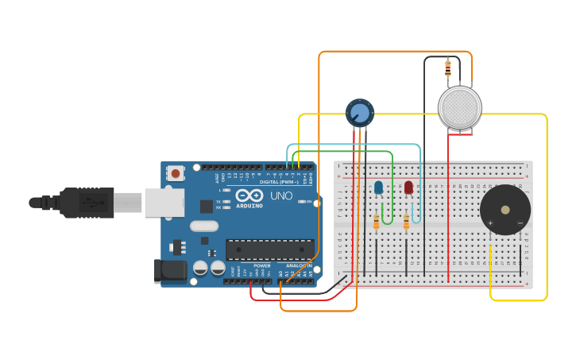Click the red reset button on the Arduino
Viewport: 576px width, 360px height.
[x=175, y=172]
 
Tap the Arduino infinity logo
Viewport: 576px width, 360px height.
[x=249, y=195]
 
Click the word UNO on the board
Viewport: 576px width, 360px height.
[x=281, y=195]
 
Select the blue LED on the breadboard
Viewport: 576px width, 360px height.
[x=378, y=188]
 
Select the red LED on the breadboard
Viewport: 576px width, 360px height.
[x=408, y=188]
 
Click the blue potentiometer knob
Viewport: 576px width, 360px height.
[x=360, y=112]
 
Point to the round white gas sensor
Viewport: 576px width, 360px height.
[x=459, y=107]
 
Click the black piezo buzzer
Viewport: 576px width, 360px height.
[x=505, y=210]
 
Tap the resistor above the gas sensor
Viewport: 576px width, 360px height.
[x=448, y=68]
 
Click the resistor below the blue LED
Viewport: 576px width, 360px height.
[x=377, y=222]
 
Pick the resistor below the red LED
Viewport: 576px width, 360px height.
[x=406, y=222]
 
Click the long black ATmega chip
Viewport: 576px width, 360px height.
[x=269, y=250]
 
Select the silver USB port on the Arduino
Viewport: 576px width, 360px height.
[x=164, y=203]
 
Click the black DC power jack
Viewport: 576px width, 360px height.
[x=170, y=271]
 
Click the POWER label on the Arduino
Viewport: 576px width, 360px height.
[x=261, y=265]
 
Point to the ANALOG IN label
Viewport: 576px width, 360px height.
[x=299, y=265]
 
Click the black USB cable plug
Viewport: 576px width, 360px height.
[x=87, y=203]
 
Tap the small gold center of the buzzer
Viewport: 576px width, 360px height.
[x=505, y=210]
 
